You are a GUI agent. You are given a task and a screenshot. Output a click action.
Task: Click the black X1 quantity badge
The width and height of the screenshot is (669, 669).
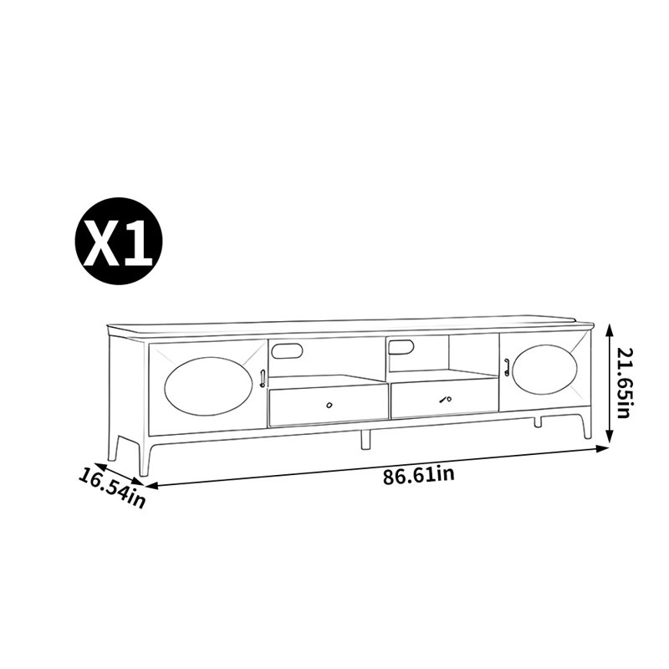pyautogui.click(x=119, y=241)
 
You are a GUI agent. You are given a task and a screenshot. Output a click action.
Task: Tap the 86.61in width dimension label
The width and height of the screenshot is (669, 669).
pyautogui.click(x=418, y=475)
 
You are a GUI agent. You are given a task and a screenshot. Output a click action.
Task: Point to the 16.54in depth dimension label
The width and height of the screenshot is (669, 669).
pyautogui.click(x=112, y=488)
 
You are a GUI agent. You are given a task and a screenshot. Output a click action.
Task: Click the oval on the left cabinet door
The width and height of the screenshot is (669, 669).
pyautogui.click(x=209, y=386)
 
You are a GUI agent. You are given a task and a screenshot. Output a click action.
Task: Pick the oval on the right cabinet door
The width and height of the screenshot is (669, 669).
pyautogui.click(x=544, y=370)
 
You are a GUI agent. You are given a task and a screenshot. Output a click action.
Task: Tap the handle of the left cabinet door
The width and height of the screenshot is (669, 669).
pyautogui.click(x=263, y=379)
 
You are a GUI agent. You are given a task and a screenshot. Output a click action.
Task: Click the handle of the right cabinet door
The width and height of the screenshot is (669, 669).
pyautogui.click(x=507, y=367)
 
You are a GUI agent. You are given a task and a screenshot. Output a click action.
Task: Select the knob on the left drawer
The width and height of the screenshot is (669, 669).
pyautogui.click(x=329, y=405)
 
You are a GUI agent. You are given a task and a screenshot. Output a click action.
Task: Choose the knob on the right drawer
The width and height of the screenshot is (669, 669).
pyautogui.click(x=446, y=400)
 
